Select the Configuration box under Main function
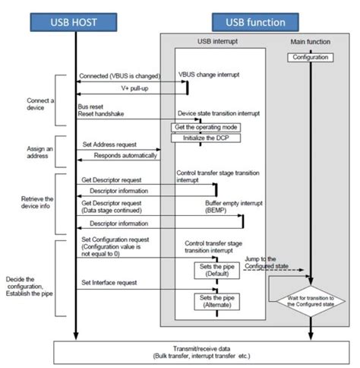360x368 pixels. coord(311,57)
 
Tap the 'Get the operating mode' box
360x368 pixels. coord(198,126)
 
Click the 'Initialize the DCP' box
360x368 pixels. coord(198,138)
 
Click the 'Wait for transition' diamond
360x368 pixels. coord(311,303)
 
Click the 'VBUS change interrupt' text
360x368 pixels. coord(208,75)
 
